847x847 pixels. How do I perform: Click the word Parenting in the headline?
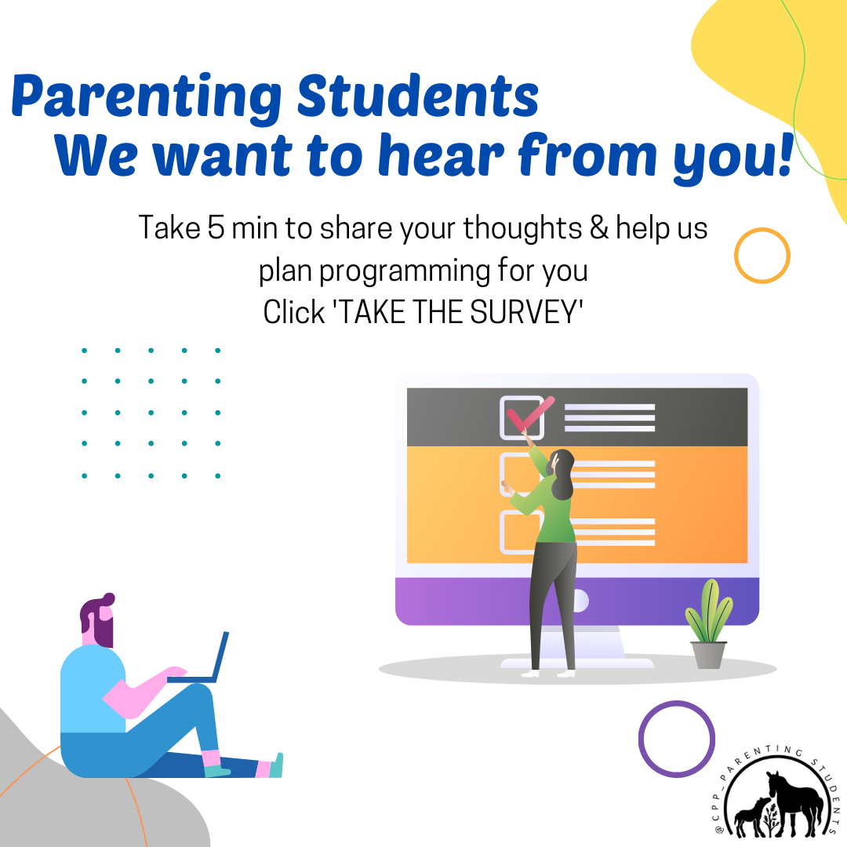[x=146, y=96]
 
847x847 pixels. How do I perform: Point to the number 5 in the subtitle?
[x=216, y=227]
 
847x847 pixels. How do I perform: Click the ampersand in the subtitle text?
[x=598, y=227]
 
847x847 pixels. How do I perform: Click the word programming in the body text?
[x=404, y=271]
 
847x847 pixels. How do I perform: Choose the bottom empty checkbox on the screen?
[x=508, y=532]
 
